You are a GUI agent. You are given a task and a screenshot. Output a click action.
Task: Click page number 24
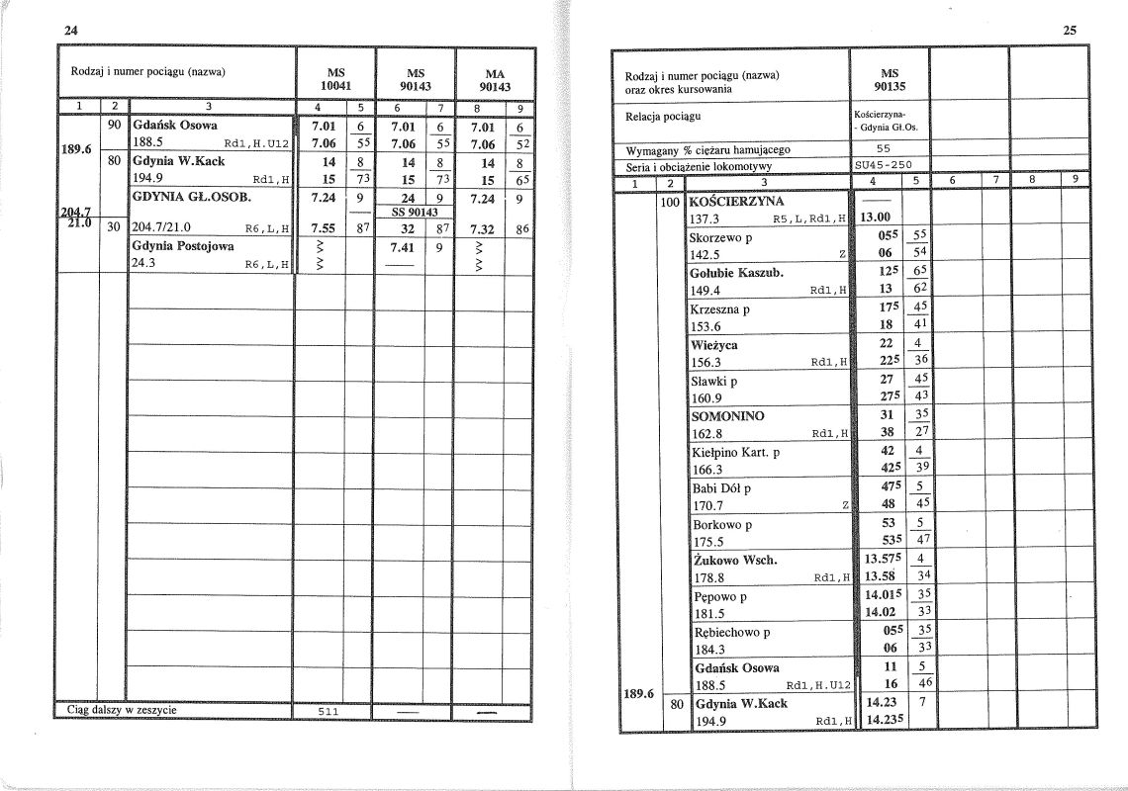(70, 30)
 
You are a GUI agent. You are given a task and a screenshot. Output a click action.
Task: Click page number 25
(1070, 30)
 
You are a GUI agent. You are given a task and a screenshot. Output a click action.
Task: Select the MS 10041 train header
(334, 79)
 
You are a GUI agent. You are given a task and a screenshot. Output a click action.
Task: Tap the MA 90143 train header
(493, 79)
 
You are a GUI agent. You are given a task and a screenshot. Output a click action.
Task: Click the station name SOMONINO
(727, 416)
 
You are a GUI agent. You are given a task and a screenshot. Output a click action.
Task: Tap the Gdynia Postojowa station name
(178, 246)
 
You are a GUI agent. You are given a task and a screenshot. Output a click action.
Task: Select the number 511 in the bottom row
(331, 711)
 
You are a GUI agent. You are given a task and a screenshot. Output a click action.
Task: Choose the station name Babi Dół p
(721, 488)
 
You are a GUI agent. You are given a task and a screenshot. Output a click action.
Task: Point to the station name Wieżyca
(713, 345)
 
